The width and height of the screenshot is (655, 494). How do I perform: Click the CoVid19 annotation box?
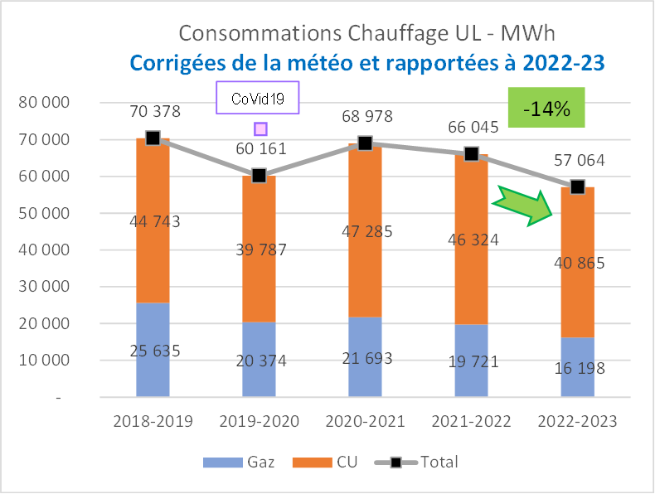(x=257, y=97)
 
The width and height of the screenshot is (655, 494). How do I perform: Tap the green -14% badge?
(x=546, y=108)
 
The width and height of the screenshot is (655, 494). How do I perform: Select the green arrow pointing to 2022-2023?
(x=521, y=206)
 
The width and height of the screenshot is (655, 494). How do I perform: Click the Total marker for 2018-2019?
(x=153, y=138)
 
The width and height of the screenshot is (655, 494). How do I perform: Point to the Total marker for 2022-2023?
(x=577, y=186)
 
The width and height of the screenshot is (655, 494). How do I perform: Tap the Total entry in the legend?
(x=423, y=462)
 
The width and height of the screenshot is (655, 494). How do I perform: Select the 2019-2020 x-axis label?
(x=259, y=421)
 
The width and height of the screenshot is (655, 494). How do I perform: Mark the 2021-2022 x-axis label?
(x=471, y=421)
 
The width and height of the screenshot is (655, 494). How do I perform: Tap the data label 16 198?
(x=577, y=368)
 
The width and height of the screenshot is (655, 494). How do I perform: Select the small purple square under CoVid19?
(x=260, y=128)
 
